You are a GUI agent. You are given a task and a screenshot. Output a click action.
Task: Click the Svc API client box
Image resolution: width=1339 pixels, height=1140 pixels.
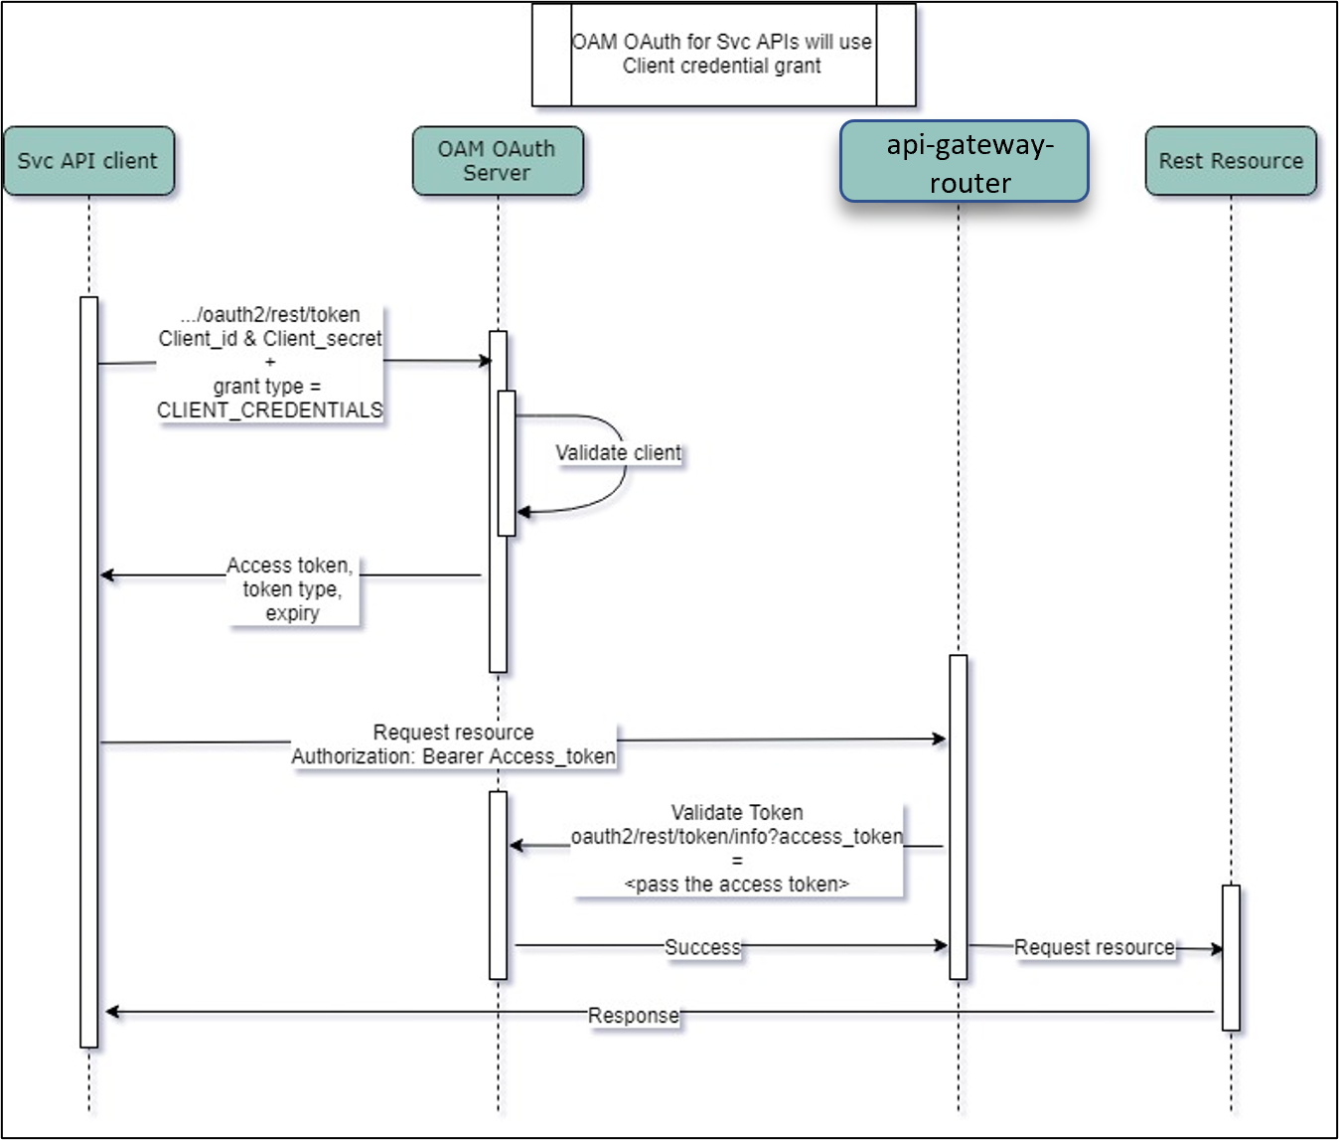click(x=88, y=161)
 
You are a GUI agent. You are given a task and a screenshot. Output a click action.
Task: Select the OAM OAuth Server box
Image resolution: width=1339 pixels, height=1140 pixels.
click(x=497, y=161)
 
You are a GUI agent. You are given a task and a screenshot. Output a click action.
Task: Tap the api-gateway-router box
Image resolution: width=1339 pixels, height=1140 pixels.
click(x=965, y=162)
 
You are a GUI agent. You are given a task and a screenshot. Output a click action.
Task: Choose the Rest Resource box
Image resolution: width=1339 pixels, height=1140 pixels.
click(x=1231, y=161)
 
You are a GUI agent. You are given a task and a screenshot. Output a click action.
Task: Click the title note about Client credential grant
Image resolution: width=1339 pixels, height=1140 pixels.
click(x=722, y=55)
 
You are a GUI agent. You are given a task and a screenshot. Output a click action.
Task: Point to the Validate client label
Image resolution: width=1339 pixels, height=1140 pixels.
click(x=618, y=453)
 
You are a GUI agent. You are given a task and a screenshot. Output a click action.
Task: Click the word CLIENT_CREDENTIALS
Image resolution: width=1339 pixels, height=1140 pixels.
click(x=270, y=410)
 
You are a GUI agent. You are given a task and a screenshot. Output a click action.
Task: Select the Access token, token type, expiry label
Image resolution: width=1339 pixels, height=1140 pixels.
click(x=290, y=589)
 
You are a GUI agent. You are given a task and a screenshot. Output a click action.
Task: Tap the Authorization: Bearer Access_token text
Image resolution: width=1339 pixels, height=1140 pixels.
click(x=453, y=756)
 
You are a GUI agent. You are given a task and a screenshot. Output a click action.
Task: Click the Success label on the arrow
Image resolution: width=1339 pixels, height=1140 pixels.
click(x=702, y=947)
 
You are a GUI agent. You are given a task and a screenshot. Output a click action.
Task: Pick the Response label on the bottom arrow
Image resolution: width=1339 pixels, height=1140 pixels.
click(x=634, y=1016)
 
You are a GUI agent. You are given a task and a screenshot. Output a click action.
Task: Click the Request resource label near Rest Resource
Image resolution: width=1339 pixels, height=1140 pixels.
click(x=1094, y=948)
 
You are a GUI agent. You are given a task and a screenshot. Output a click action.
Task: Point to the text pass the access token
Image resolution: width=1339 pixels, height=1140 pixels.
click(x=736, y=885)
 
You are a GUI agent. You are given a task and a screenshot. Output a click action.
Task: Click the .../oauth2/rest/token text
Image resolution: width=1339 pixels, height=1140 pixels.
click(x=270, y=315)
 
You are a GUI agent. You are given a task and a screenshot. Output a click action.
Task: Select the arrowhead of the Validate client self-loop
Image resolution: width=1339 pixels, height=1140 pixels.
click(x=522, y=512)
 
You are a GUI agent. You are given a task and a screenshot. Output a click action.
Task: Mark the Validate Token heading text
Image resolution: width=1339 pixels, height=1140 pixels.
click(x=736, y=813)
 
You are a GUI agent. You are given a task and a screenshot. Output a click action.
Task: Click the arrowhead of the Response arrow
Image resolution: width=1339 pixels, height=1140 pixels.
click(x=111, y=1012)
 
